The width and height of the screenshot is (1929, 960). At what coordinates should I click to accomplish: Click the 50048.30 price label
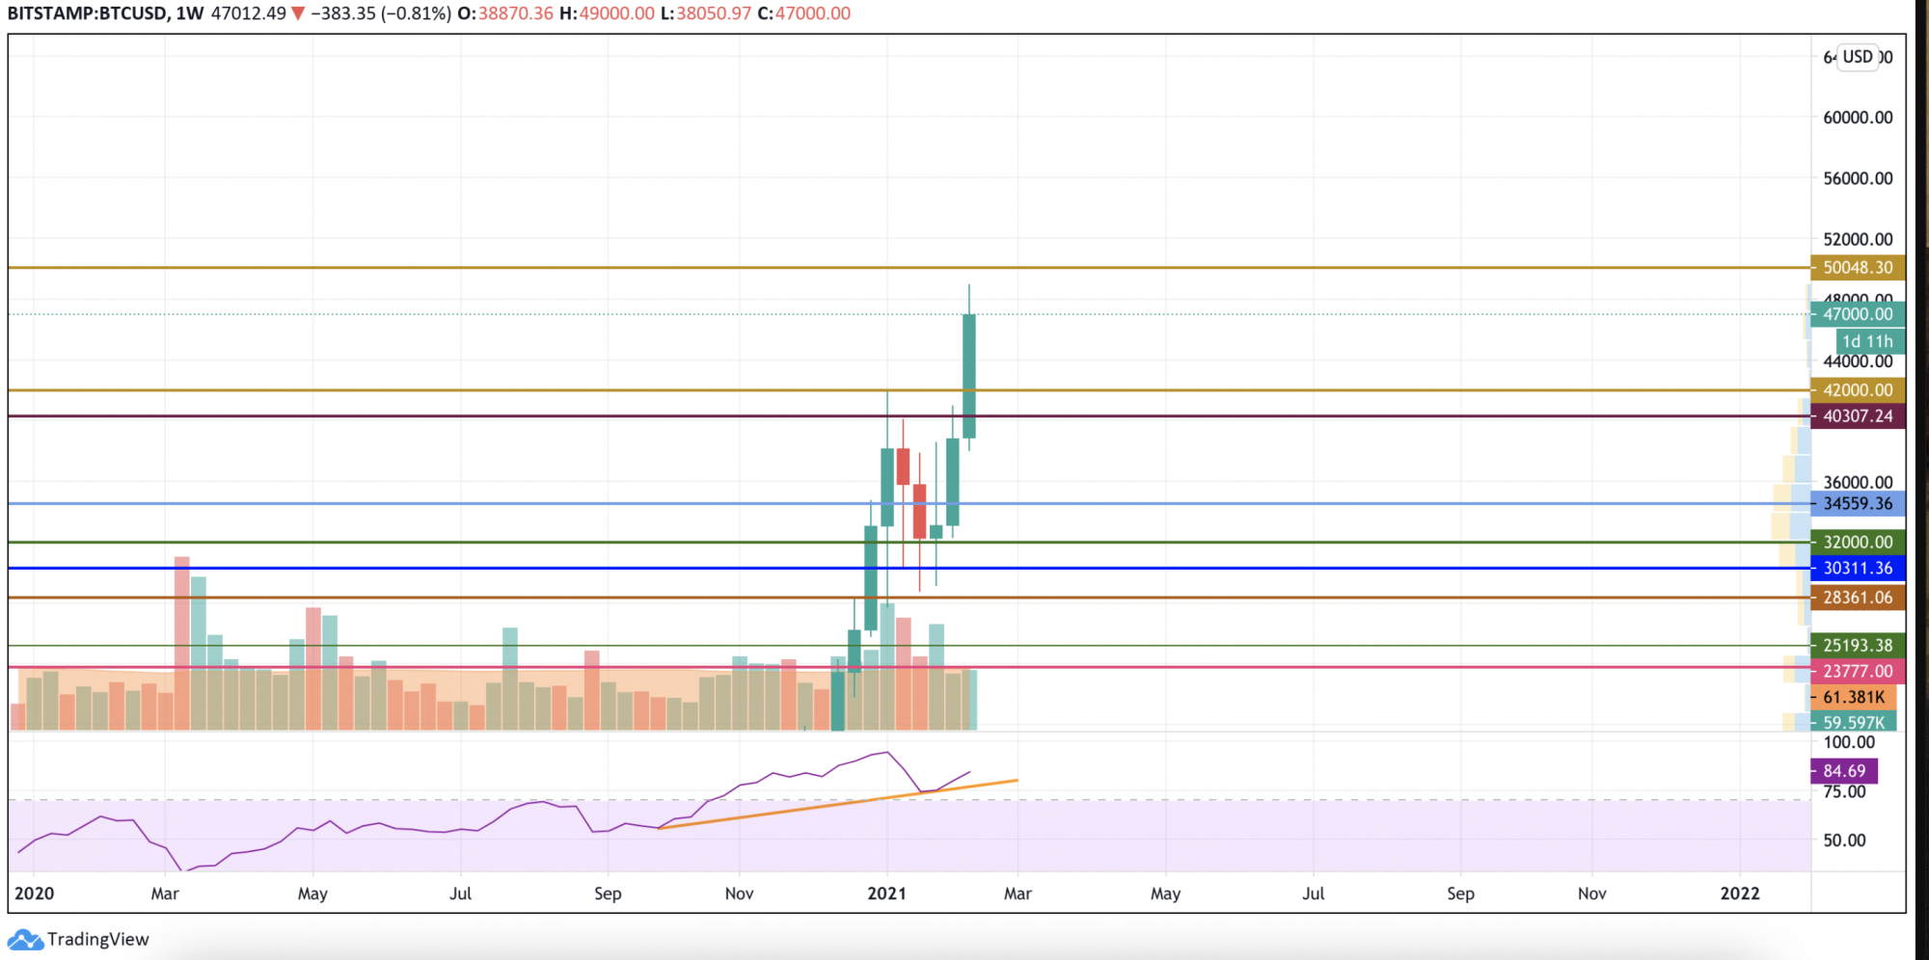click(1857, 268)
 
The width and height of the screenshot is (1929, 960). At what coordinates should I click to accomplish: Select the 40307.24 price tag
click(1857, 416)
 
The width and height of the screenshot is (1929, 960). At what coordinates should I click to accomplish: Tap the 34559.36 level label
click(1857, 504)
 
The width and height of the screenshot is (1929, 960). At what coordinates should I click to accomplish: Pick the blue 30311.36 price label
click(1857, 569)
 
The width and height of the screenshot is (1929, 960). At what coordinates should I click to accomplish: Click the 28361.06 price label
click(1857, 598)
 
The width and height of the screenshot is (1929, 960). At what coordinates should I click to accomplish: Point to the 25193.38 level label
click(1857, 646)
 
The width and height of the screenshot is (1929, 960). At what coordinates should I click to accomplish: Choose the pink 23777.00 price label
click(1857, 671)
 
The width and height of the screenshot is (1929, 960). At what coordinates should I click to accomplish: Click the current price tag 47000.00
click(1857, 314)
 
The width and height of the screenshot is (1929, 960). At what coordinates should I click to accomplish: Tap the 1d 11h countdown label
click(1867, 341)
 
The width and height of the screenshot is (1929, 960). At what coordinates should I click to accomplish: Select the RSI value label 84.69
click(1843, 771)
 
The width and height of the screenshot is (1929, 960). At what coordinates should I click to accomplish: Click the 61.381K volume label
click(1853, 697)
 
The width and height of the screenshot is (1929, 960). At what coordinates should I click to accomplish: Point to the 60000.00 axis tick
click(1857, 118)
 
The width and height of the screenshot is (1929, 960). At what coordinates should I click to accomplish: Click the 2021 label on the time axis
click(886, 893)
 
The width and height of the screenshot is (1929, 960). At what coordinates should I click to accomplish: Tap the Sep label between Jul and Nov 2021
click(1460, 893)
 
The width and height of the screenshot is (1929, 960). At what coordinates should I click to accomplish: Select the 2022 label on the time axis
click(1740, 893)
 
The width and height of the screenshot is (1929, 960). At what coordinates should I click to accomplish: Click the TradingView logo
click(79, 940)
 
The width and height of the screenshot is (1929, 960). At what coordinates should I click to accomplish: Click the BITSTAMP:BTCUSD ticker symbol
click(86, 13)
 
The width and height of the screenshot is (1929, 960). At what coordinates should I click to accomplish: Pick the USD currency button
click(1857, 57)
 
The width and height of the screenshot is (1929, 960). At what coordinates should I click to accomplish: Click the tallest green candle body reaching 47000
click(968, 376)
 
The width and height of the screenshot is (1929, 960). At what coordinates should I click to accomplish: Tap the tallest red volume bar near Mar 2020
click(181, 641)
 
